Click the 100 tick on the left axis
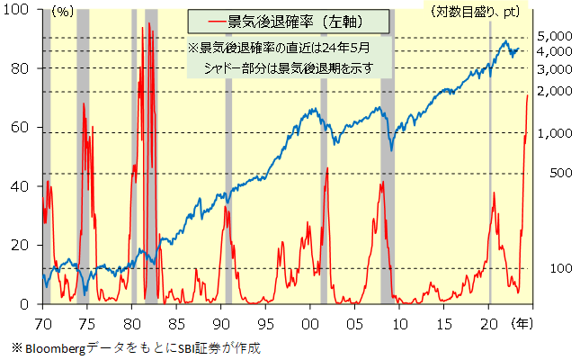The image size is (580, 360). pyautogui.click(x=20, y=10)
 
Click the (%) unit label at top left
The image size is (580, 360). pyautogui.click(x=63, y=13)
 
